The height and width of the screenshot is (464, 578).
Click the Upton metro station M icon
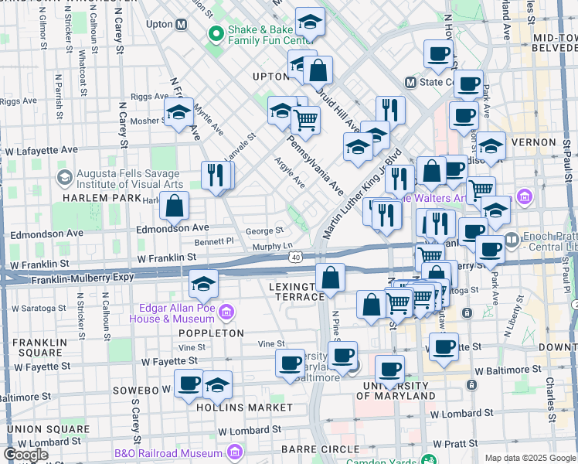(182, 25)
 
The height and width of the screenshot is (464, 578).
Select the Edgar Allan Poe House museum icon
(226, 312)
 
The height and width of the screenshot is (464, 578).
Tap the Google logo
(25, 455)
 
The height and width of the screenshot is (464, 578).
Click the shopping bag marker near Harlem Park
(175, 206)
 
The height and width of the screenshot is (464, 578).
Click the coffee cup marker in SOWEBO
(189, 383)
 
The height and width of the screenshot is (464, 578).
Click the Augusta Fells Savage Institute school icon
(64, 178)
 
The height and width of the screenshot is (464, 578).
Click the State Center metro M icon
(410, 82)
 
